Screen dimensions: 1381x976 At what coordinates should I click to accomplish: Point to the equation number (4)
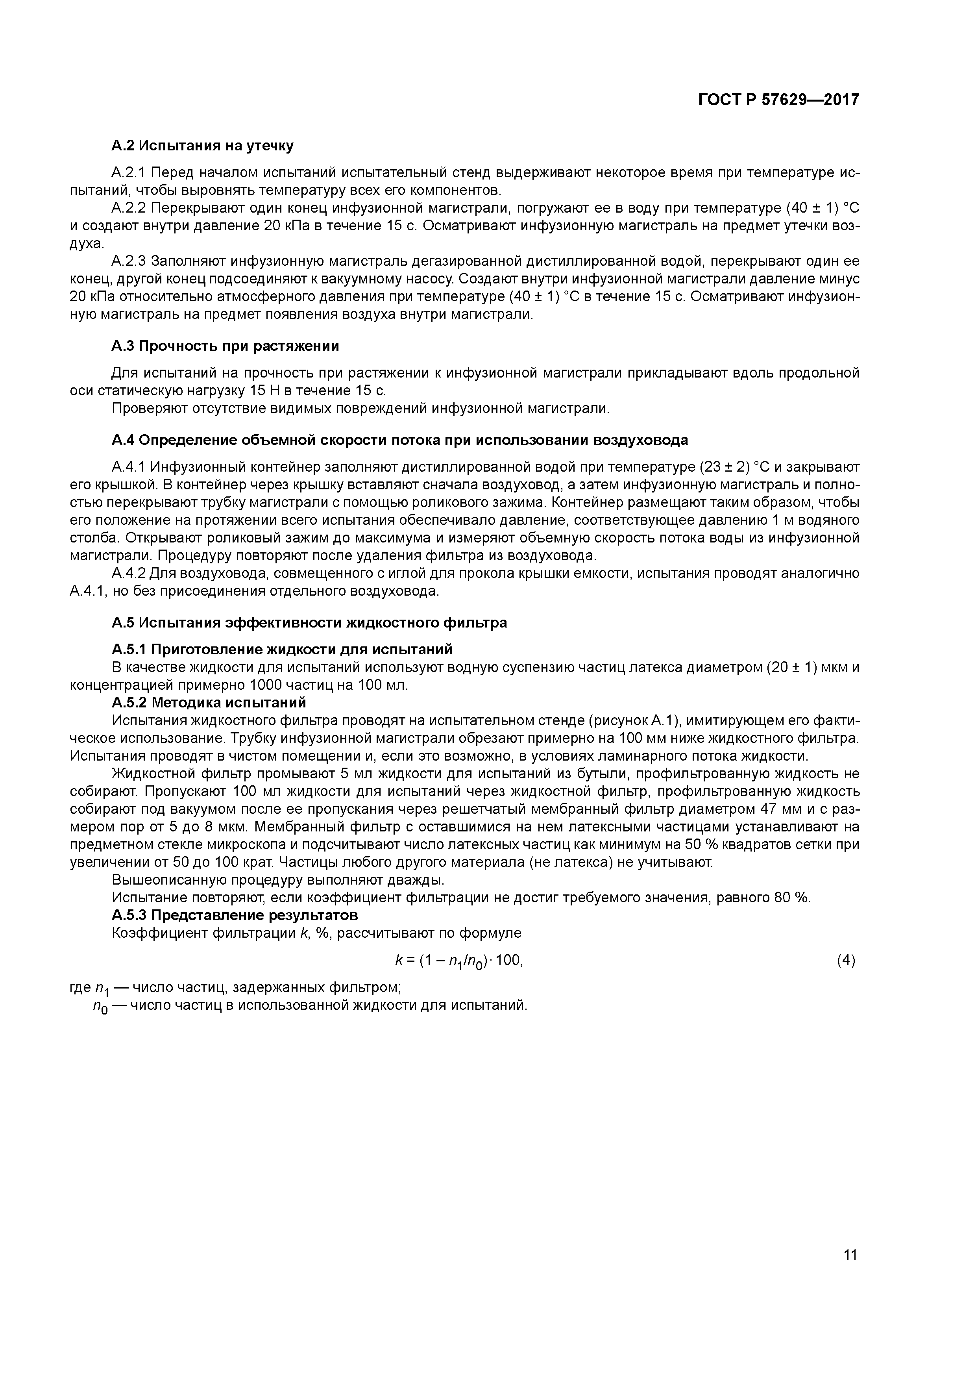click(845, 961)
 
